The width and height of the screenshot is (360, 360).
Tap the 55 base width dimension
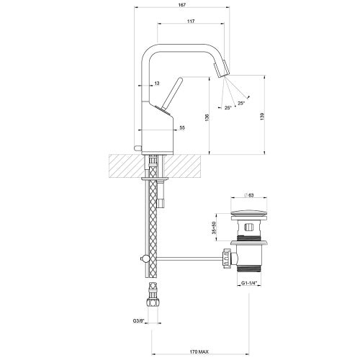click(x=181, y=127)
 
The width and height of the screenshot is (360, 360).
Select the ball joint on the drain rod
click(x=144, y=258)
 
